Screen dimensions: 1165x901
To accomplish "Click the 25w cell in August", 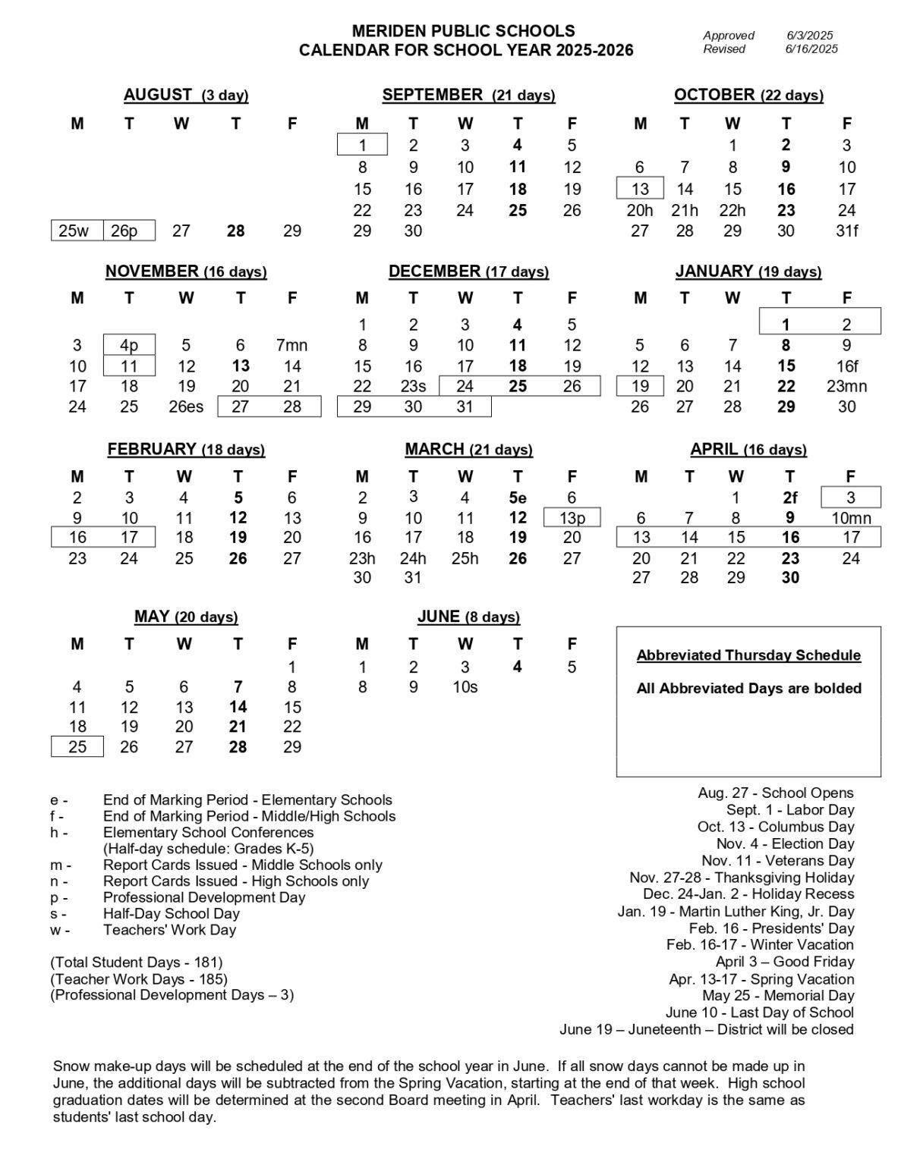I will pos(74,231).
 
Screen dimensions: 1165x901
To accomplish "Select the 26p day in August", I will pos(124,231).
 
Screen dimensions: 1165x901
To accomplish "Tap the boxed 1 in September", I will pos(362,145).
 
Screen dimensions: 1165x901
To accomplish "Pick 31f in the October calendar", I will pos(846,231).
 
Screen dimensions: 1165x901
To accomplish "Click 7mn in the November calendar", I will pos(292,345).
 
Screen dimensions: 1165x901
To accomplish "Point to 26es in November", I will pos(186,407).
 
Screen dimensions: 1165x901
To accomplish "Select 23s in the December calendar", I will pos(413,386).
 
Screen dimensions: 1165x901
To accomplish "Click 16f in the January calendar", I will pos(846,366).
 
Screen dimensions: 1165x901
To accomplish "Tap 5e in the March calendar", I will pos(518,498).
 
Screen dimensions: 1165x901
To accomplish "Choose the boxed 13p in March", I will pos(572,518).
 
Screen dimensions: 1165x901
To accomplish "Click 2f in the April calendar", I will pos(790,498).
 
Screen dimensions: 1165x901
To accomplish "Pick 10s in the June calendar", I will pos(465,687).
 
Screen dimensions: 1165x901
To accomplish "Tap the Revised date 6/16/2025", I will pos(811,49).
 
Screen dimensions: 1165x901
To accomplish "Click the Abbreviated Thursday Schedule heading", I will pos(748,655).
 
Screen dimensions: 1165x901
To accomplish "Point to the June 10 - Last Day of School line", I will pos(759,1013).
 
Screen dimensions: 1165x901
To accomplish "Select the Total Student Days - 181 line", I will pos(137,962).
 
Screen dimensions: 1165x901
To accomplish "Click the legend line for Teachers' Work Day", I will pos(169,930).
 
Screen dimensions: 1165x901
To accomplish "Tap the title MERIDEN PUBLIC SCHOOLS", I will pos(463,31).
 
